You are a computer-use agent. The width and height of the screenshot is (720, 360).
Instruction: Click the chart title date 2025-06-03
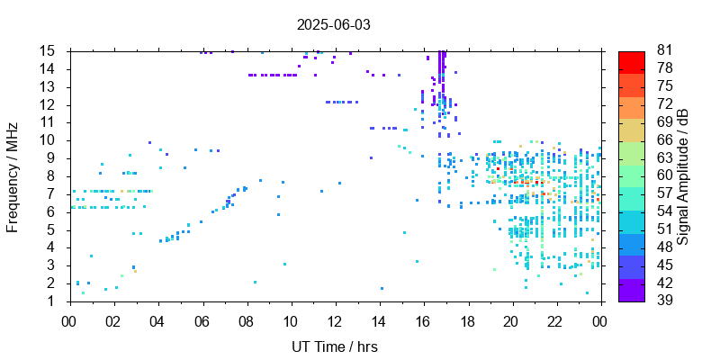[x=333, y=24]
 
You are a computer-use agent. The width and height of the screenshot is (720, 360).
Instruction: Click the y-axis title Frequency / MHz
[x=13, y=175]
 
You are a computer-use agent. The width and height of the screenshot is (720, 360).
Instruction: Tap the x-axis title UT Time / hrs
[x=335, y=346]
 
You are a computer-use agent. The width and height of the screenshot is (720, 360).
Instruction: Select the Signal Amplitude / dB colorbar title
[x=684, y=175]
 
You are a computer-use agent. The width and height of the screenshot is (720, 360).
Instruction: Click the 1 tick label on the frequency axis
[x=54, y=301]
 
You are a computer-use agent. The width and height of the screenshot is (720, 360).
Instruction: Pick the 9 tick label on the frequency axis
[x=54, y=158]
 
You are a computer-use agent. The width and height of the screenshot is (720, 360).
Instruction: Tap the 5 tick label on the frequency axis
[x=54, y=229]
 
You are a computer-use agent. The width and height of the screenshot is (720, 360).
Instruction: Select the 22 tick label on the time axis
[x=556, y=319]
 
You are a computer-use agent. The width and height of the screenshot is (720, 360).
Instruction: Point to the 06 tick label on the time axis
[x=202, y=319]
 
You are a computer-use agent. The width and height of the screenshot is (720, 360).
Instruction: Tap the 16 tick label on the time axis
[x=423, y=319]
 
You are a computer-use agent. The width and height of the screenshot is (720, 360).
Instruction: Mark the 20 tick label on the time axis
[x=512, y=319]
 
